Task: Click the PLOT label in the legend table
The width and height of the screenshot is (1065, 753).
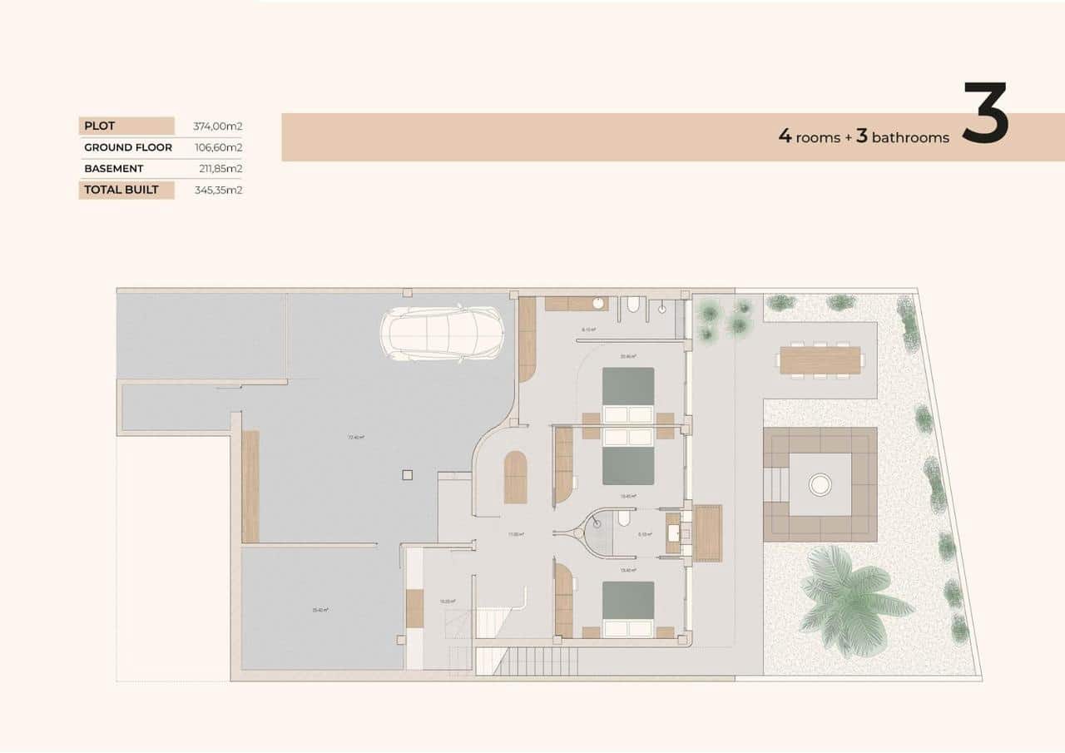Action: (x=100, y=126)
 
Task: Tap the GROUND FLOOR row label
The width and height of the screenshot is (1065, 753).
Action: (x=127, y=147)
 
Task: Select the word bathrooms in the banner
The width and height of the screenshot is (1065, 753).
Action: (x=910, y=138)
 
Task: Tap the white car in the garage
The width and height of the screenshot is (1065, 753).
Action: (x=442, y=334)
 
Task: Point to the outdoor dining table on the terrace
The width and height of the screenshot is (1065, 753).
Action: (x=820, y=360)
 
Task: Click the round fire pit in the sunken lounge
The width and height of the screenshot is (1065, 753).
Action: (x=820, y=483)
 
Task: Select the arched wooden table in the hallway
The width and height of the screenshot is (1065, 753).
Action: (x=515, y=478)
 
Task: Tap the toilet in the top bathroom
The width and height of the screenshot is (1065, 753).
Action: (x=633, y=306)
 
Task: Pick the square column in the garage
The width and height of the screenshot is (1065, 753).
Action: (x=406, y=475)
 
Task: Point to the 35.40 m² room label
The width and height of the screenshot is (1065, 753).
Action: (x=319, y=610)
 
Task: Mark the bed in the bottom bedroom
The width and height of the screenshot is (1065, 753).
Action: (x=628, y=610)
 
